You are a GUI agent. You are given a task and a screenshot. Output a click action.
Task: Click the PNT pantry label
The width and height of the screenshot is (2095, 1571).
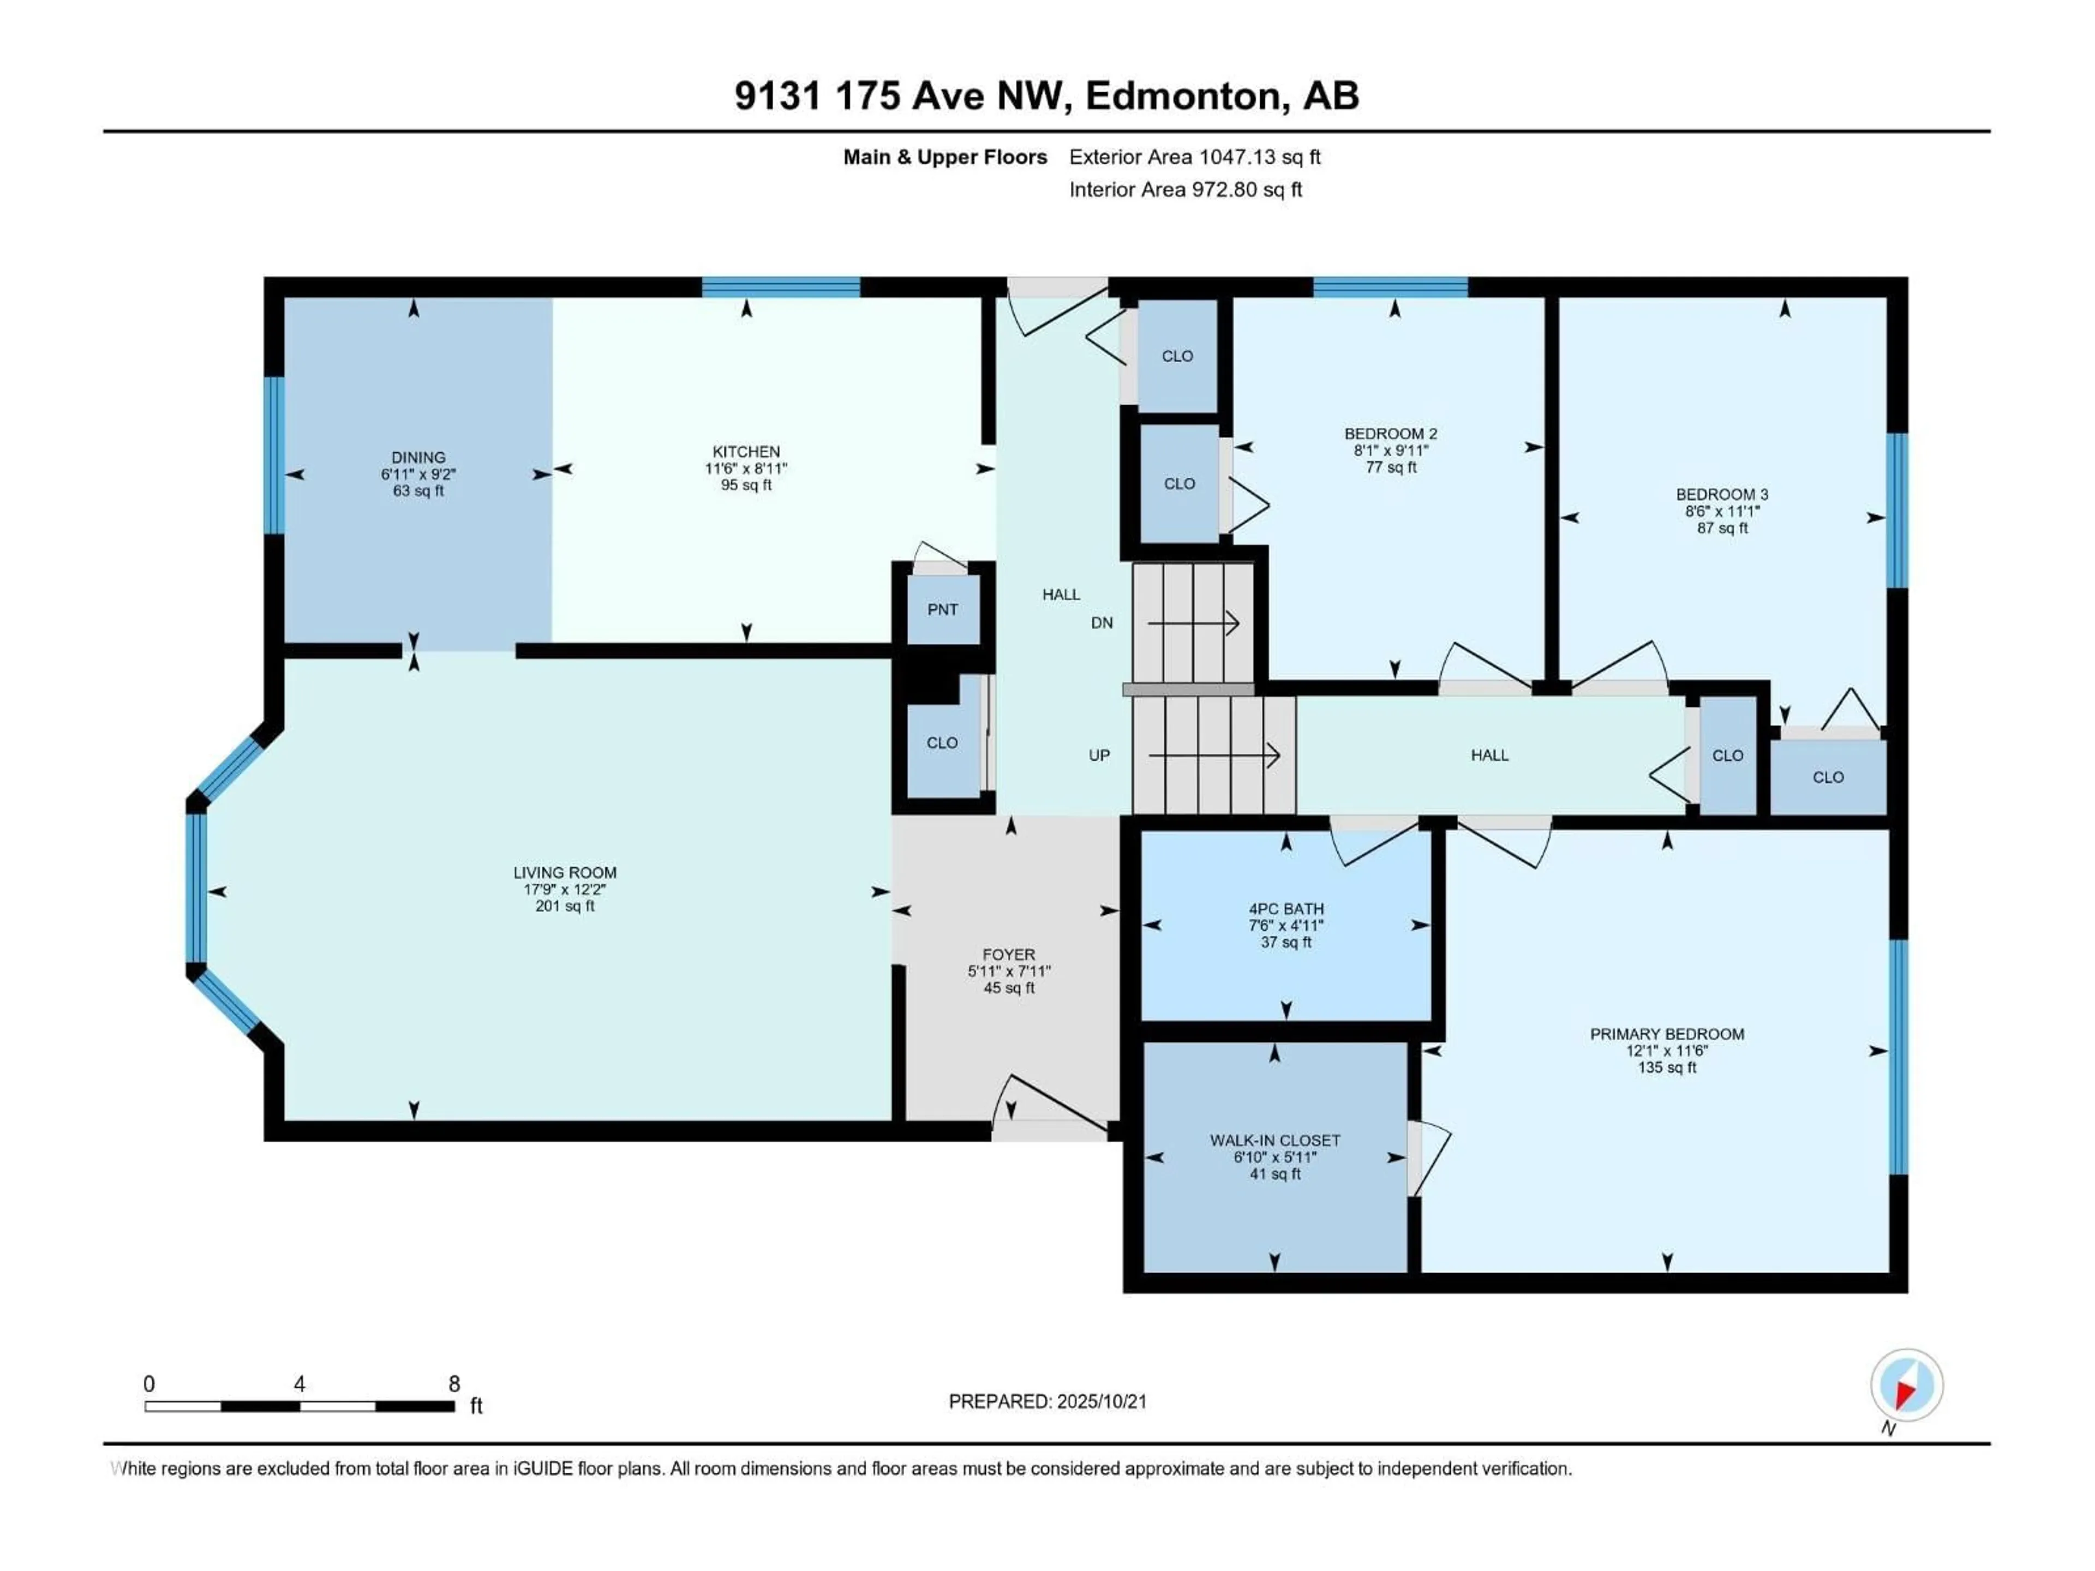click(942, 610)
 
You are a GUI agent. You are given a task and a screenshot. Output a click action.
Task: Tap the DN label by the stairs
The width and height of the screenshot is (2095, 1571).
click(1102, 623)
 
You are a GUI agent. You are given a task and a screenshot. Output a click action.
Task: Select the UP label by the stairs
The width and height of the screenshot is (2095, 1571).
click(1099, 755)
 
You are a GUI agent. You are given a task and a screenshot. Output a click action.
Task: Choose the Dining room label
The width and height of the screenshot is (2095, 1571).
click(418, 457)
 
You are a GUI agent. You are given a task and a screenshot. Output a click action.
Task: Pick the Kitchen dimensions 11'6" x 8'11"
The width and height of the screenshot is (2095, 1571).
click(746, 469)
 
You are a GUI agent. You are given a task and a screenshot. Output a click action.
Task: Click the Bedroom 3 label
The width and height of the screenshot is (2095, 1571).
click(1722, 494)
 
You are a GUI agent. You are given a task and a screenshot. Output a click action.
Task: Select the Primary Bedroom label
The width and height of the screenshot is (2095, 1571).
click(1667, 1034)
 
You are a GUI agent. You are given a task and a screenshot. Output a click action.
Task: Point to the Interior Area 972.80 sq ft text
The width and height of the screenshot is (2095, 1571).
click(1185, 189)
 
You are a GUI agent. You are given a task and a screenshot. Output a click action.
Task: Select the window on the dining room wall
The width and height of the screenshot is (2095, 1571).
click(274, 455)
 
